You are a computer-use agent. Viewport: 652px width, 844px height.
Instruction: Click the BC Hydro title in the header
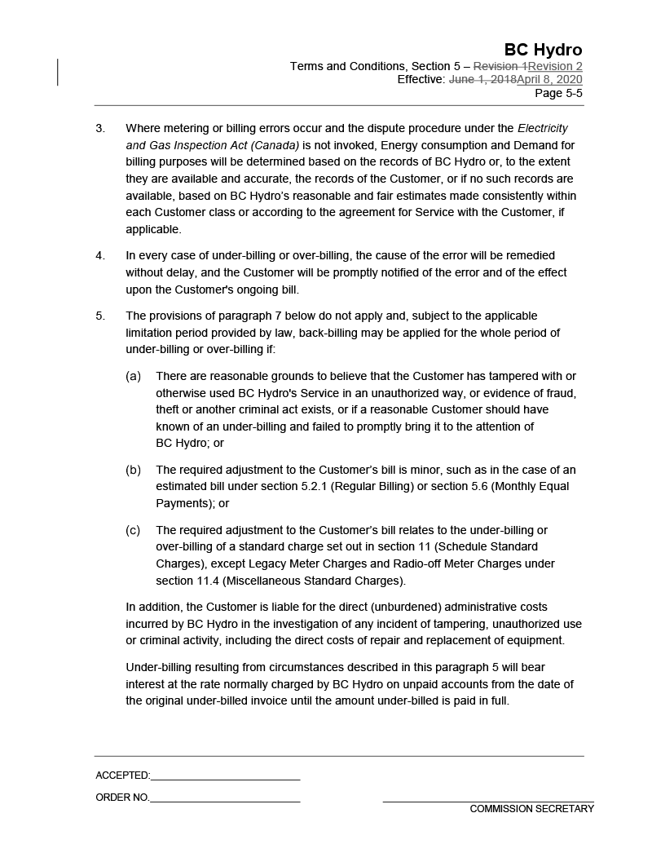[543, 50]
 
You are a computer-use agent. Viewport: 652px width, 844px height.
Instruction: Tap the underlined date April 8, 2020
[549, 80]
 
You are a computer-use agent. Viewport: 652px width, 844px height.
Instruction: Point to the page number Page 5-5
[558, 93]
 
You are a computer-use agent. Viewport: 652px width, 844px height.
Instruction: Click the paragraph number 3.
[100, 128]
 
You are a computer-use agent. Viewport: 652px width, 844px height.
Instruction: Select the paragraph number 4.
[100, 255]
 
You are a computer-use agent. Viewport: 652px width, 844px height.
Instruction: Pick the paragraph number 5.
[100, 316]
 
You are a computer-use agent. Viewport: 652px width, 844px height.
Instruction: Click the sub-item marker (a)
[133, 376]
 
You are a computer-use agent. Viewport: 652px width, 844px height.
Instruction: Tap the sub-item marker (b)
[133, 470]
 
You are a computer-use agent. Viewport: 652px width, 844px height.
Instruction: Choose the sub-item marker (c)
[133, 530]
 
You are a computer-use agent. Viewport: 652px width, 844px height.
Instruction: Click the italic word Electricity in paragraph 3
[543, 128]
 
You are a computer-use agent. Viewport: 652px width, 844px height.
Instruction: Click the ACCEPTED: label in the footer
[122, 776]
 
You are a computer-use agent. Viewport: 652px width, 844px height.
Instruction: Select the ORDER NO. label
[122, 798]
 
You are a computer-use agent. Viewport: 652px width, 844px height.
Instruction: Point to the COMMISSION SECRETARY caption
[531, 809]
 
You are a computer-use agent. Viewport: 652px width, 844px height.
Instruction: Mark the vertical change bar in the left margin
[58, 73]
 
